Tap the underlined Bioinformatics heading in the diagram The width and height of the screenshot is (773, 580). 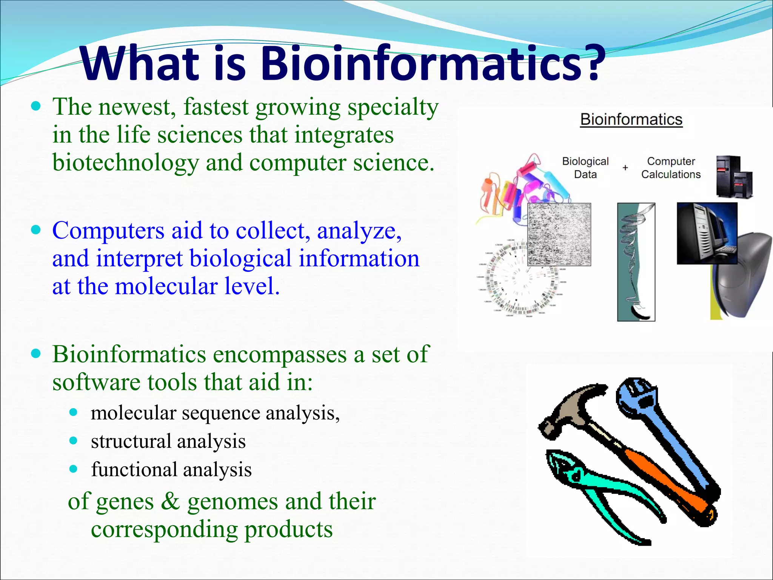(631, 119)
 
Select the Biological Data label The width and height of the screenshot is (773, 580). (585, 168)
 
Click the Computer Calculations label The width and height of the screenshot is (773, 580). (671, 168)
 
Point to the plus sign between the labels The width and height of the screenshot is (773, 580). (625, 167)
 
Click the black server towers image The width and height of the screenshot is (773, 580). (734, 176)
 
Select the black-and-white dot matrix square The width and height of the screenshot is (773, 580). (559, 234)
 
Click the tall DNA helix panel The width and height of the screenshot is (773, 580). (636, 262)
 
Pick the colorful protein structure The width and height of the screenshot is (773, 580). (521, 189)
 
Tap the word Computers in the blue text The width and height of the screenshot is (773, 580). (108, 230)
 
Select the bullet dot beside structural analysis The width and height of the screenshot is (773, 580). (74, 441)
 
